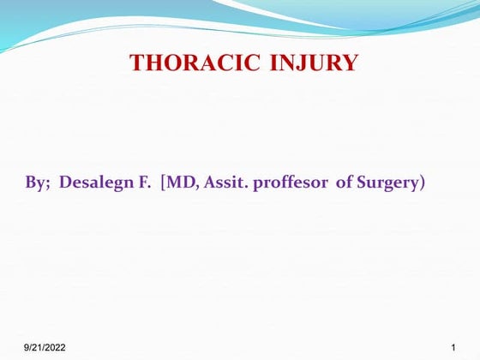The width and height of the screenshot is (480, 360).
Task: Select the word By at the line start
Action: click(x=36, y=183)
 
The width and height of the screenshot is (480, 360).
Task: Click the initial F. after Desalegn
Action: click(x=144, y=183)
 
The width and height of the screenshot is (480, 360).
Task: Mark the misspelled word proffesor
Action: click(x=290, y=183)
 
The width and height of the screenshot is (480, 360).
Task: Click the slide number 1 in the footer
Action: click(x=452, y=347)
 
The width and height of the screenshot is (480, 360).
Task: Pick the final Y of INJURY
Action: click(x=350, y=63)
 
